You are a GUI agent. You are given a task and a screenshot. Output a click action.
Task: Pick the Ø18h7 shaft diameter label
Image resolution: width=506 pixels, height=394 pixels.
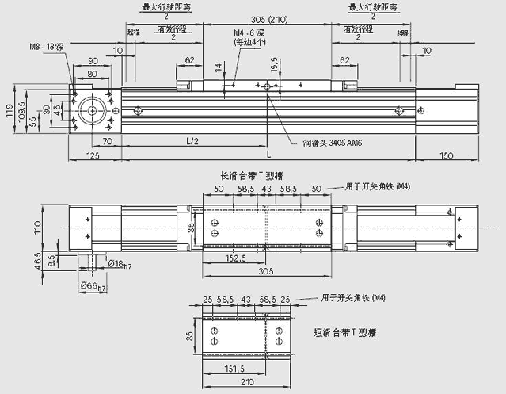pos(120,265)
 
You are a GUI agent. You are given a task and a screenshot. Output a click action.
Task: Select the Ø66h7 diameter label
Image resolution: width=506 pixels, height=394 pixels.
pos(93,285)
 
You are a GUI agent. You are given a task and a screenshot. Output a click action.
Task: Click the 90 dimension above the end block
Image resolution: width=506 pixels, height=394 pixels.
pos(93,60)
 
